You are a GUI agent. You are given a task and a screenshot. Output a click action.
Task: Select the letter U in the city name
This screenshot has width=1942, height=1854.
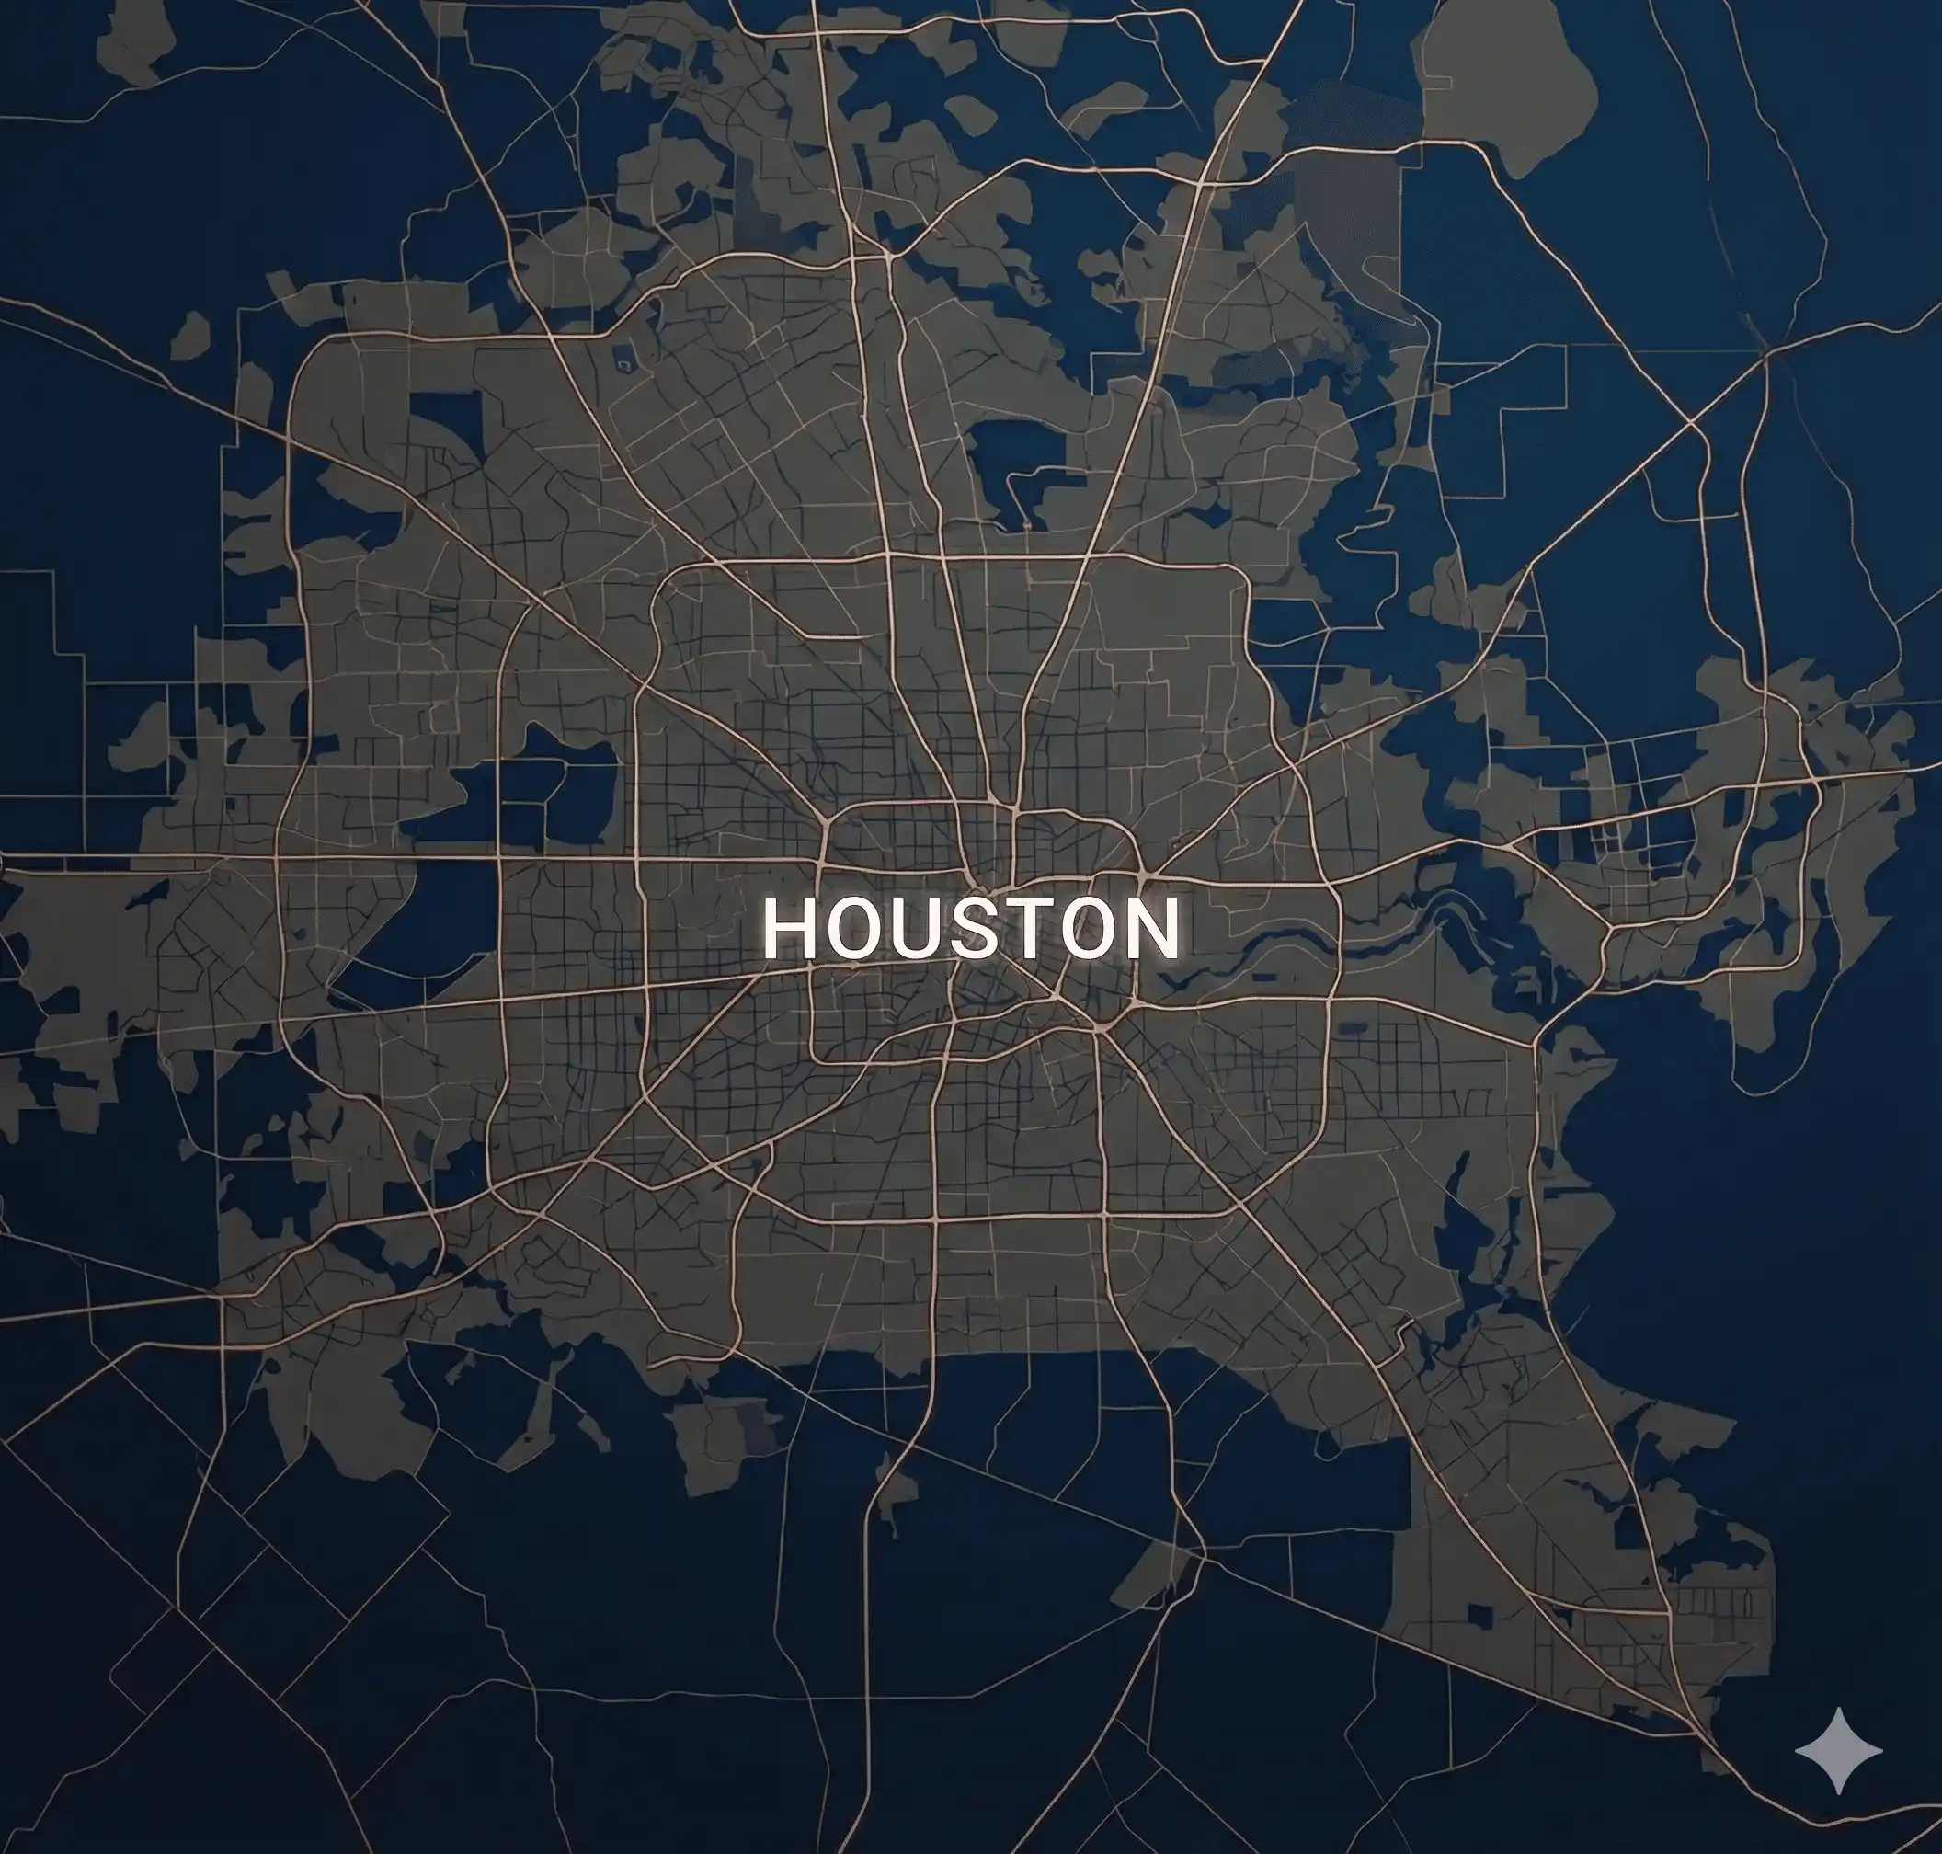(x=915, y=929)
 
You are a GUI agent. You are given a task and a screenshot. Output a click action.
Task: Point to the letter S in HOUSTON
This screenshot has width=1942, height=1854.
(x=973, y=929)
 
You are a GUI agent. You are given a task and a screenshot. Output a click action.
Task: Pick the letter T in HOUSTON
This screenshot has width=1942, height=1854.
(x=1026, y=929)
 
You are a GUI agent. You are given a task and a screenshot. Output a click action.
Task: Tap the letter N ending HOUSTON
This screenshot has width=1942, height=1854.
(x=1149, y=929)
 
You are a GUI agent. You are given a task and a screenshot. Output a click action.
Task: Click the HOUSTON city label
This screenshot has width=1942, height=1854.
(x=970, y=929)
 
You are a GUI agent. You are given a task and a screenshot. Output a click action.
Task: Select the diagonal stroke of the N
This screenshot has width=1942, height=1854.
(x=1149, y=929)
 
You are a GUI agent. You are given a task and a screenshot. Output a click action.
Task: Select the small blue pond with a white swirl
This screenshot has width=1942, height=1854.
(x=623, y=365)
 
